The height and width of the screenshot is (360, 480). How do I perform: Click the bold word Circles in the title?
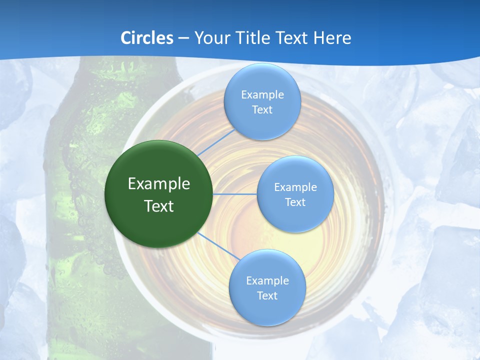[147, 38]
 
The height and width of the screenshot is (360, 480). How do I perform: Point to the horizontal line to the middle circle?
[235, 194]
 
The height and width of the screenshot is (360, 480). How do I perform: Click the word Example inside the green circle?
[159, 183]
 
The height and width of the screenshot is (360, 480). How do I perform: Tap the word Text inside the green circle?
[159, 206]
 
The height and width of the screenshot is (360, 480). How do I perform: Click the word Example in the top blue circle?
[262, 95]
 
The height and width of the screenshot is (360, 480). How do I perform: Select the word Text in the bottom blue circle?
[267, 295]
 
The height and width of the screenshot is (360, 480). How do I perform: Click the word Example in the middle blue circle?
[295, 187]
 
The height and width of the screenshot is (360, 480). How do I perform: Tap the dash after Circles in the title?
[183, 38]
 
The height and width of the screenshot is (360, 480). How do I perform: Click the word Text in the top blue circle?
[262, 110]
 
